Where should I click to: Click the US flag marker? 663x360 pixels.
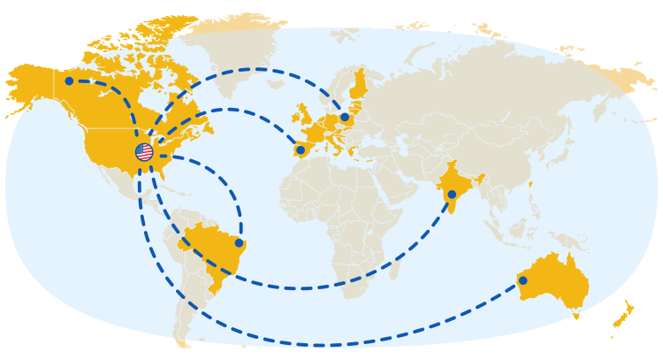tap(144, 152)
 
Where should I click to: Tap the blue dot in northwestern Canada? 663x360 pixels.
tap(69, 81)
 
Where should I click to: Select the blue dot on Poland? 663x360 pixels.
tap(345, 117)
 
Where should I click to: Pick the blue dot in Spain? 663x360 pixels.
tap(301, 149)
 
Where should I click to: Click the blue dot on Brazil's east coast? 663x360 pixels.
tap(239, 242)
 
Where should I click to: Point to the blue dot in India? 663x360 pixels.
tap(452, 195)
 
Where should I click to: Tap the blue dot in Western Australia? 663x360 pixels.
tap(522, 280)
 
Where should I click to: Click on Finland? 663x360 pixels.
tap(358, 83)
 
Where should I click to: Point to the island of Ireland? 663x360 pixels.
tap(294, 116)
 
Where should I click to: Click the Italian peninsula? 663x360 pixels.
tap(339, 142)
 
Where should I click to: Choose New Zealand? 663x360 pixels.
tap(626, 313)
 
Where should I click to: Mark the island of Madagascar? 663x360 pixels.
tap(394, 265)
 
